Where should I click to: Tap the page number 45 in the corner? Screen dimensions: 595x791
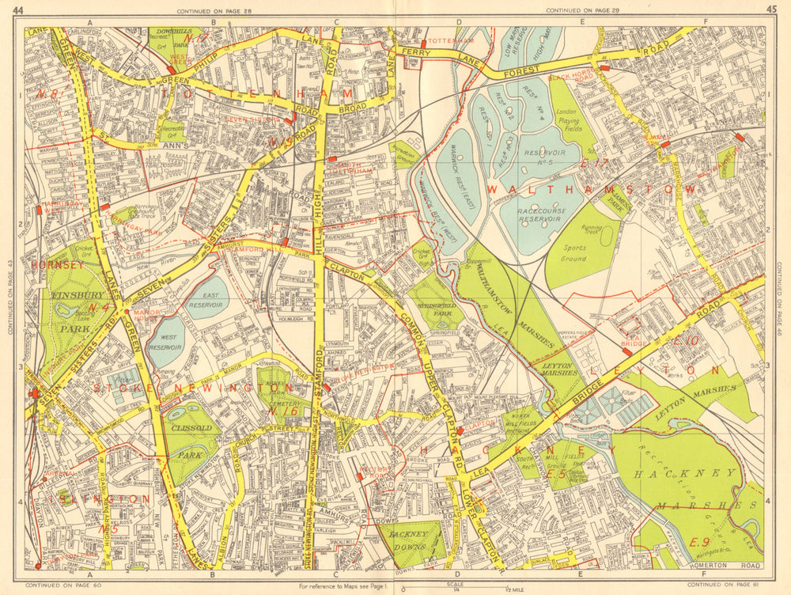point(771,9)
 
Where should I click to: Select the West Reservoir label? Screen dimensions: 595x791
point(167,341)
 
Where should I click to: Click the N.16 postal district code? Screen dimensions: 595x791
point(282,411)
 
